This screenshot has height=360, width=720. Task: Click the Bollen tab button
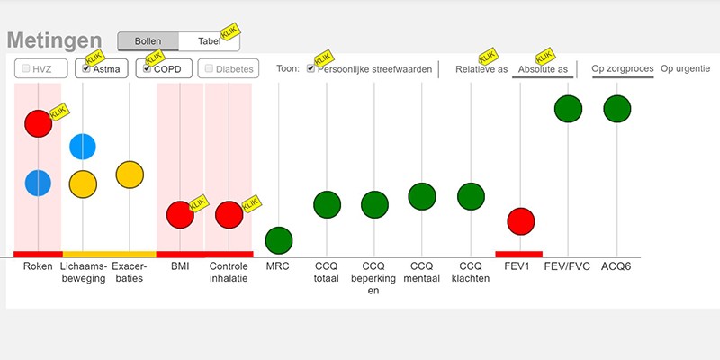click(x=148, y=41)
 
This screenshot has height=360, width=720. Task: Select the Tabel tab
click(x=208, y=41)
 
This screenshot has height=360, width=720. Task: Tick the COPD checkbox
click(x=148, y=68)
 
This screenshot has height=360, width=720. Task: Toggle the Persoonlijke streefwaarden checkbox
click(x=311, y=68)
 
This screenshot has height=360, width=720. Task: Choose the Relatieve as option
click(x=481, y=69)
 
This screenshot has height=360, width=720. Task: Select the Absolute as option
click(x=542, y=69)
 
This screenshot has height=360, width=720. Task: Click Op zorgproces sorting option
click(x=623, y=69)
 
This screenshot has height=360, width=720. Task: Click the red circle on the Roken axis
click(x=38, y=123)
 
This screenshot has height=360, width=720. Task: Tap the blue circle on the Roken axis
click(x=38, y=183)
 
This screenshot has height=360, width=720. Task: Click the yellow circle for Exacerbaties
click(x=130, y=175)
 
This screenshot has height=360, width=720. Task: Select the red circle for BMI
click(x=180, y=215)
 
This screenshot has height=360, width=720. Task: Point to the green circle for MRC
click(x=279, y=240)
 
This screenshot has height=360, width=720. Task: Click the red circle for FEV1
click(x=520, y=220)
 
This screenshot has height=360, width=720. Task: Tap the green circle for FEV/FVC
click(x=567, y=109)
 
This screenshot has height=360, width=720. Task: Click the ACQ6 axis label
click(x=616, y=266)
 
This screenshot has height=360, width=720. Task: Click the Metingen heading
click(x=54, y=41)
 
